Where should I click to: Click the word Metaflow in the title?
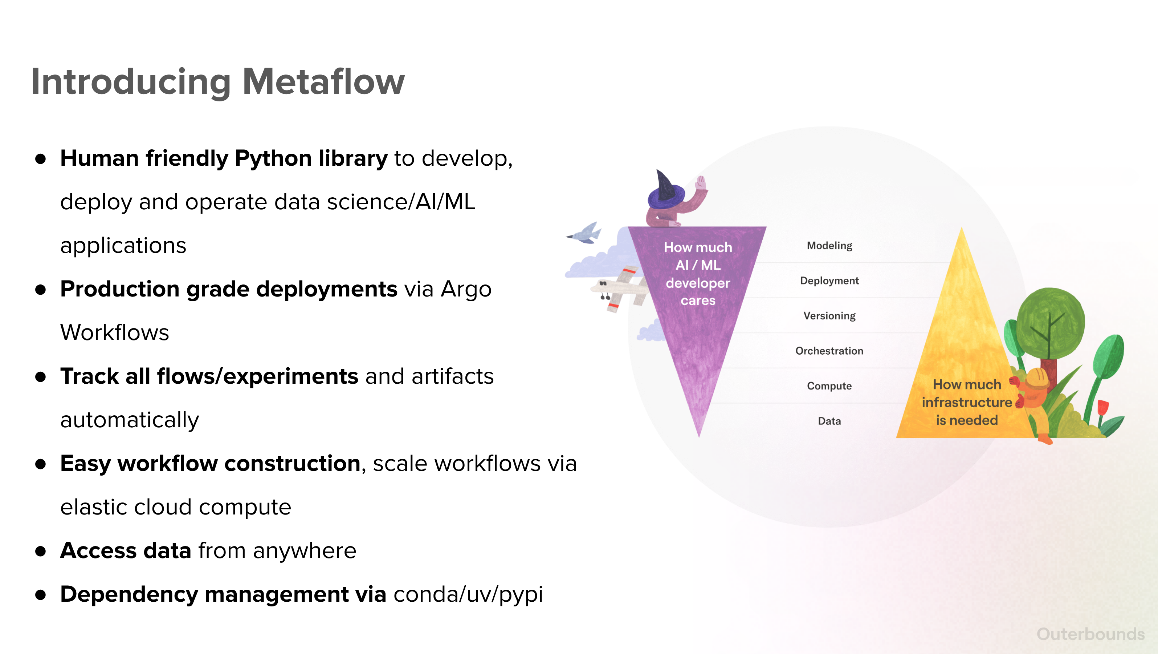point(324,81)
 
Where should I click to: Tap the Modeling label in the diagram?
point(829,246)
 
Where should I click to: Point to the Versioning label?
point(829,316)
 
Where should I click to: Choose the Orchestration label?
point(829,351)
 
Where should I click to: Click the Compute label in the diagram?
point(829,386)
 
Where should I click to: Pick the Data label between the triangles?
point(829,421)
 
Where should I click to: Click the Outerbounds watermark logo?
point(1090,634)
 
